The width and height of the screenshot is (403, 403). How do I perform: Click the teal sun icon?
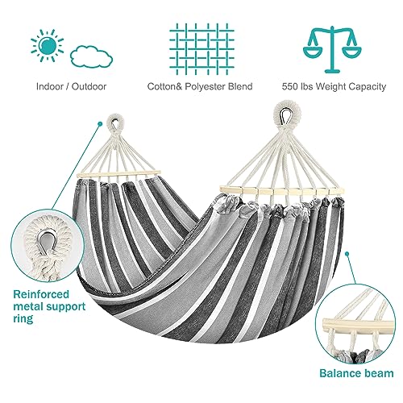[48, 45]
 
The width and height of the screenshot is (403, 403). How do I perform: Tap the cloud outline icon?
[92, 57]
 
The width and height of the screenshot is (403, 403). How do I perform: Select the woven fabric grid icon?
[201, 49]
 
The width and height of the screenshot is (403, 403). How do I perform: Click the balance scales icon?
[332, 49]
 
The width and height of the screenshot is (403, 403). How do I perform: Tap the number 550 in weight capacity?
[289, 86]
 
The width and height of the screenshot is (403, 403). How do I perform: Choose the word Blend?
[240, 86]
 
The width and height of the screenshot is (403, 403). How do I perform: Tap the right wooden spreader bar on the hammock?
[282, 191]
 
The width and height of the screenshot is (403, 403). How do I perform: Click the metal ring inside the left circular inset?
[48, 243]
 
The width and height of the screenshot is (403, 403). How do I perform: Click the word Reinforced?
[41, 294]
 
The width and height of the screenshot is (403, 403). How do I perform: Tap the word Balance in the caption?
[339, 373]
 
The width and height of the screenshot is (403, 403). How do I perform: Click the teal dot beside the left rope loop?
[100, 124]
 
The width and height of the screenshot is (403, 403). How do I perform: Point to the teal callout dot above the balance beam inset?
[347, 253]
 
